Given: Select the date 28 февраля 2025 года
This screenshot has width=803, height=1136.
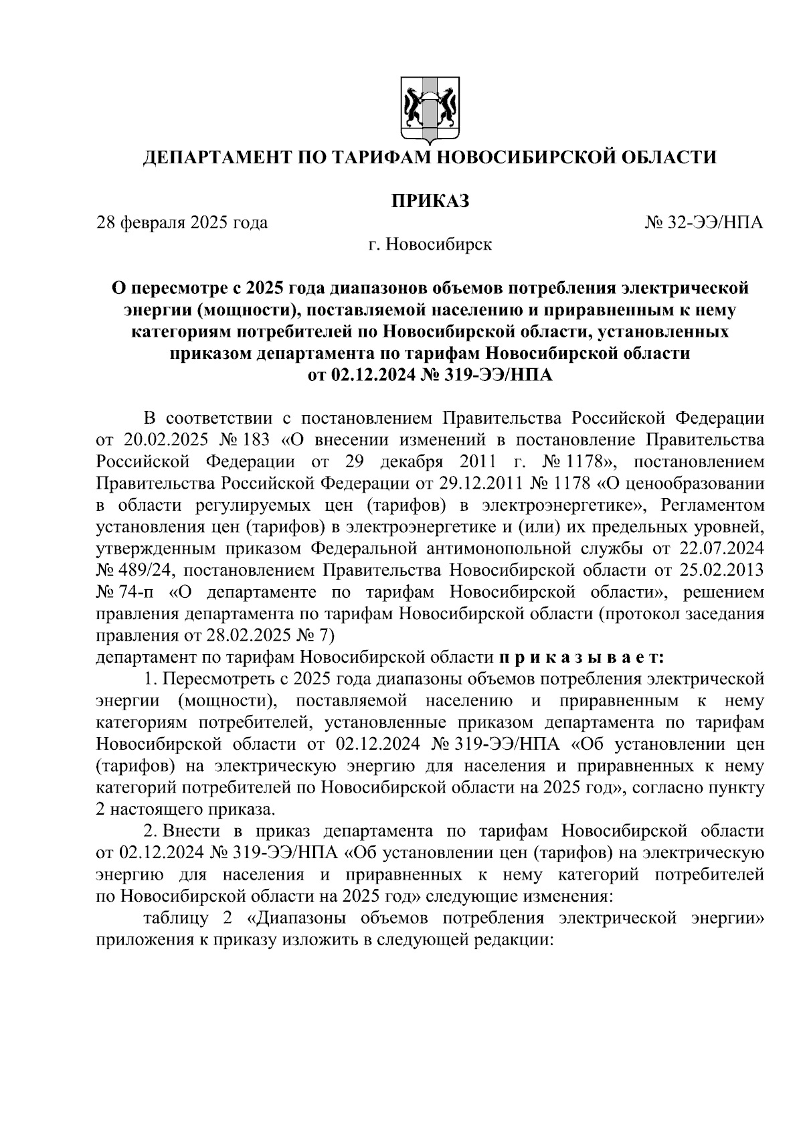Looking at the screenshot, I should pos(182,222).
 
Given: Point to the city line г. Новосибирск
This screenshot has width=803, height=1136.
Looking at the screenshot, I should pos(430,244).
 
